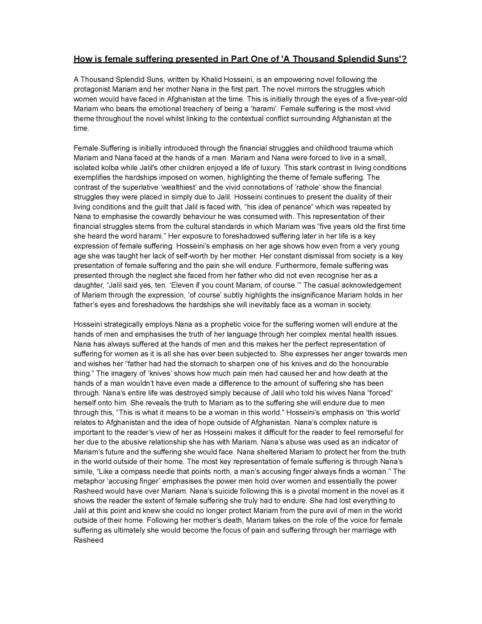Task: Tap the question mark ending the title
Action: [405, 59]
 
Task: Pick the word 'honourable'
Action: [366, 364]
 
